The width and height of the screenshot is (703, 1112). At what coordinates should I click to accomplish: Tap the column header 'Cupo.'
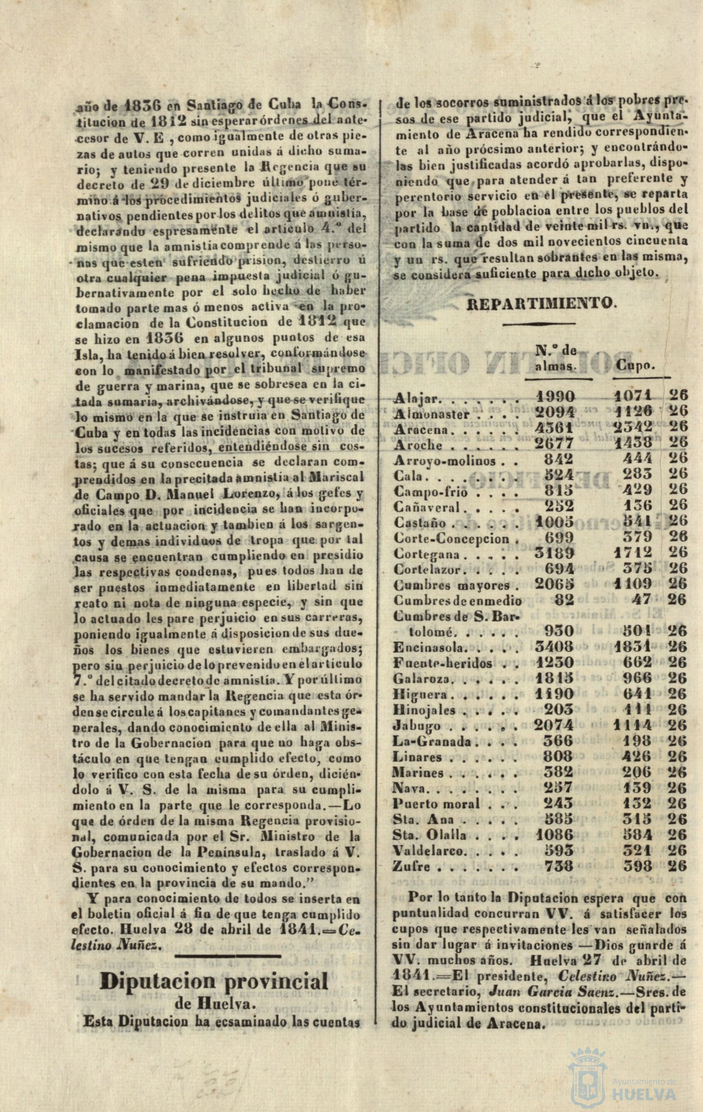point(636,366)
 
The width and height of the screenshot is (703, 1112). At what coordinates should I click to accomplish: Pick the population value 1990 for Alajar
point(556,396)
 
